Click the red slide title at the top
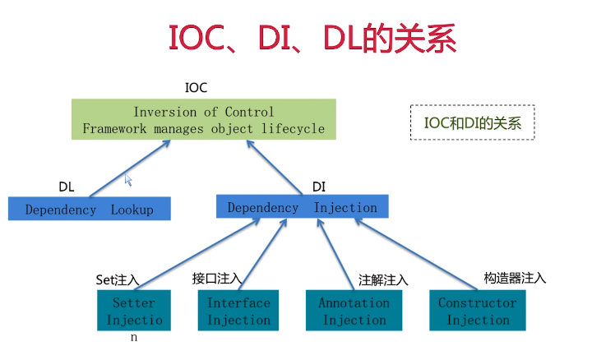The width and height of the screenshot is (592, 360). click(312, 38)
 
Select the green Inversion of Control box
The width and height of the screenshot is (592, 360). click(204, 119)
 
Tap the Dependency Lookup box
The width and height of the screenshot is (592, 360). click(90, 208)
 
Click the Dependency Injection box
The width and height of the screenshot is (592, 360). click(302, 206)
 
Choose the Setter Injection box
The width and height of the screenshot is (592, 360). click(134, 310)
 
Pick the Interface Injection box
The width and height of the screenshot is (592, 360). click(238, 310)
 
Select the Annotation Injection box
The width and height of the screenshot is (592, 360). click(354, 310)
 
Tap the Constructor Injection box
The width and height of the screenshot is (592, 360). click(478, 310)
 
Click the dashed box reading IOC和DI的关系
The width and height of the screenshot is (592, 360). click(473, 122)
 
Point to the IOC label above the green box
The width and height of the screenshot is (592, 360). click(196, 88)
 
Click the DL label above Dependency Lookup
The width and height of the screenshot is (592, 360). click(67, 187)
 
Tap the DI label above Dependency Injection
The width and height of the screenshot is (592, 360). click(319, 187)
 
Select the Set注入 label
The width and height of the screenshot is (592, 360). click(118, 280)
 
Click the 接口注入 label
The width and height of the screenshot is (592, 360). click(217, 279)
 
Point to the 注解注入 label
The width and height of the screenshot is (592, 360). click(383, 280)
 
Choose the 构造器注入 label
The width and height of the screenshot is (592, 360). click(515, 278)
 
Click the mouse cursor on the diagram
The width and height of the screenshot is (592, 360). click(128, 180)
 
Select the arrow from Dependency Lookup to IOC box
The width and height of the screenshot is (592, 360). click(130, 168)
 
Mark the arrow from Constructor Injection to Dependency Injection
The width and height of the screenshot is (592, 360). click(416, 254)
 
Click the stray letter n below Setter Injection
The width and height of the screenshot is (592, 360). click(134, 337)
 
